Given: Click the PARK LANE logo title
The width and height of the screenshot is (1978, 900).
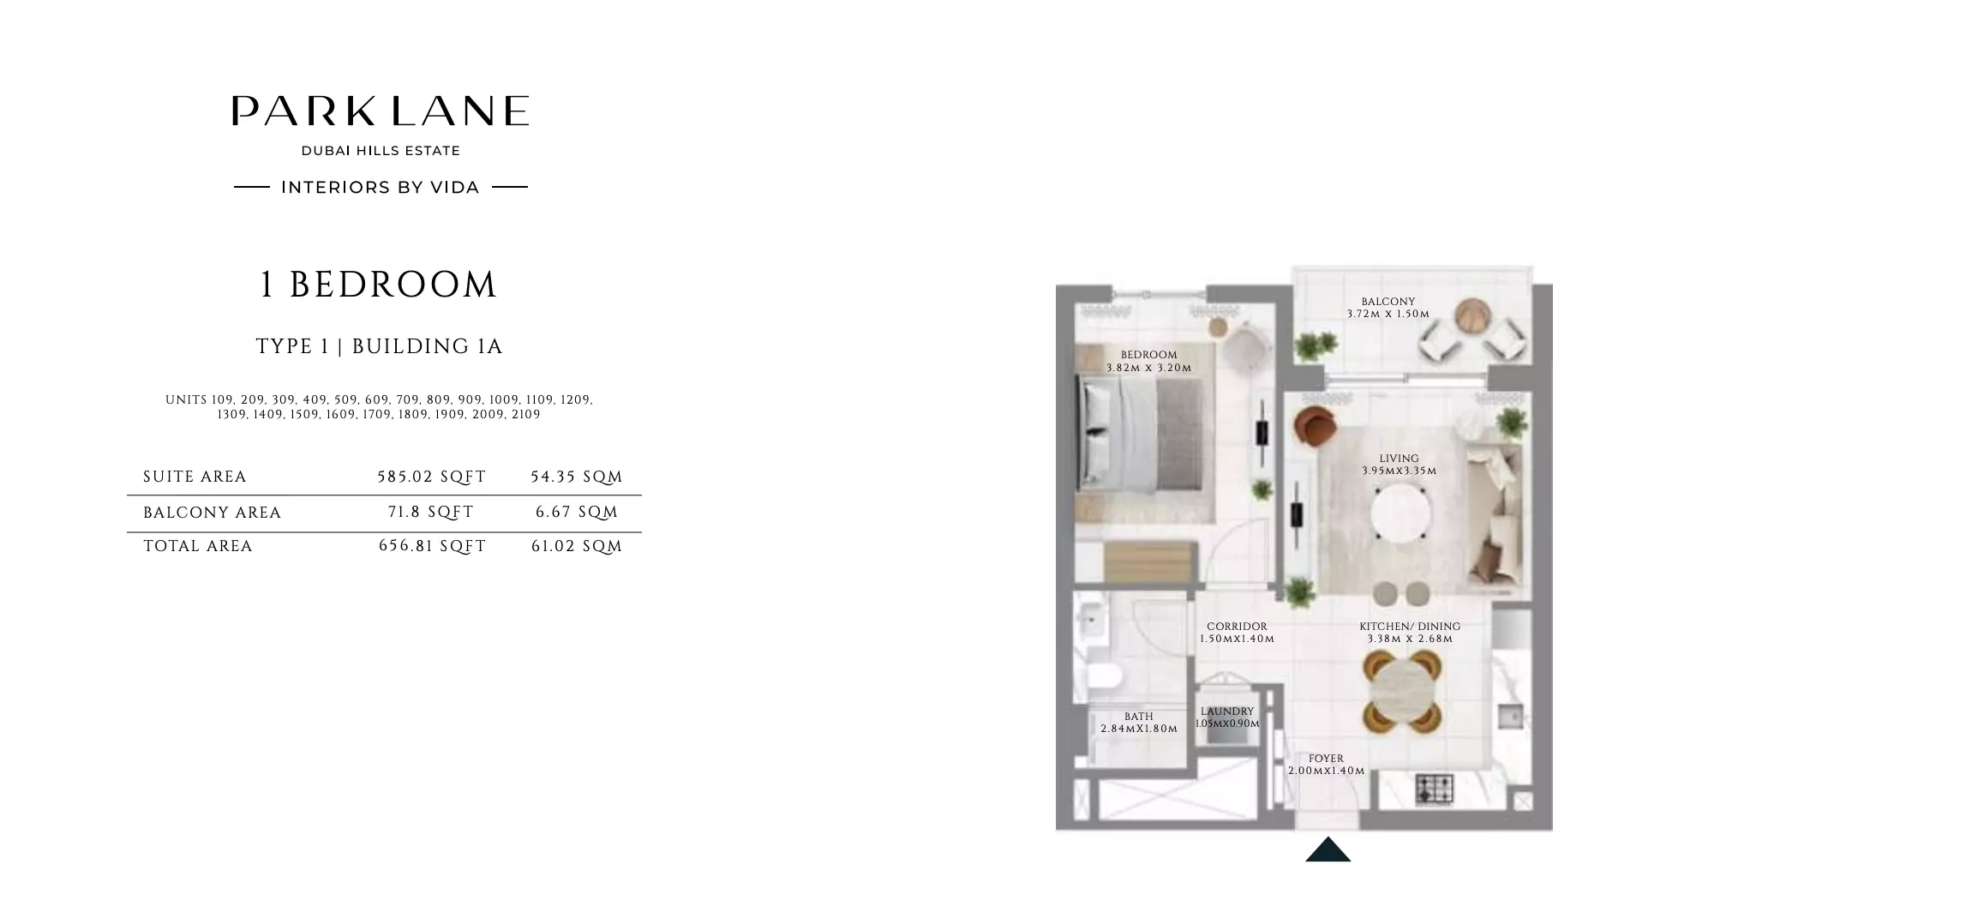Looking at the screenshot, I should pyautogui.click(x=380, y=111).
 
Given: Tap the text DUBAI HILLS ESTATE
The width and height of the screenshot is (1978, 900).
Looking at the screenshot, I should pyautogui.click(x=381, y=151).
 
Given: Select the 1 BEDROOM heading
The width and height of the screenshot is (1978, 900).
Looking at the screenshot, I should pyautogui.click(x=378, y=285).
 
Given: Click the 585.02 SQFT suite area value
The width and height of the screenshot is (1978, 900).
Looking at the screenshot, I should pyautogui.click(x=432, y=477).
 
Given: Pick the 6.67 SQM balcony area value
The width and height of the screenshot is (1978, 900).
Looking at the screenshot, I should pyautogui.click(x=577, y=512).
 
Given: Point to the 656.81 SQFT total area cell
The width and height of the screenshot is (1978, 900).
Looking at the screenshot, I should pyautogui.click(x=432, y=546).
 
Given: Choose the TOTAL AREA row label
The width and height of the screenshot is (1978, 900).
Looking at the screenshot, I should pyautogui.click(x=198, y=546).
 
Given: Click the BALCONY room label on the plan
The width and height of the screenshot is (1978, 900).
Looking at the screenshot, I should pyautogui.click(x=1388, y=302).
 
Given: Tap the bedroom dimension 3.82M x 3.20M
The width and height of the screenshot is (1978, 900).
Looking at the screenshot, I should pyautogui.click(x=1148, y=368).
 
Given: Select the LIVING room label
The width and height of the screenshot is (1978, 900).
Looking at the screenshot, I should pyautogui.click(x=1399, y=459).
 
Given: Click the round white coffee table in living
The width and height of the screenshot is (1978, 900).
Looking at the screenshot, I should pyautogui.click(x=1400, y=514).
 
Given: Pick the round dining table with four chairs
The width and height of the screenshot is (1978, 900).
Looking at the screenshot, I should pyautogui.click(x=1402, y=690).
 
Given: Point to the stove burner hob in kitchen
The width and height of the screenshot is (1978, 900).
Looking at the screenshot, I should pyautogui.click(x=1434, y=789).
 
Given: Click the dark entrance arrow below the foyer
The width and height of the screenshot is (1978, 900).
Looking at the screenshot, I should pyautogui.click(x=1328, y=850).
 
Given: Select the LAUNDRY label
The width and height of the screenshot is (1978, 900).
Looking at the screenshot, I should pyautogui.click(x=1227, y=711).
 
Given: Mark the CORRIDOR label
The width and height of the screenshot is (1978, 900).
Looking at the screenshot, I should pyautogui.click(x=1237, y=627).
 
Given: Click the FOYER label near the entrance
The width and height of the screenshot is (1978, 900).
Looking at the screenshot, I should pyautogui.click(x=1326, y=759).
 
